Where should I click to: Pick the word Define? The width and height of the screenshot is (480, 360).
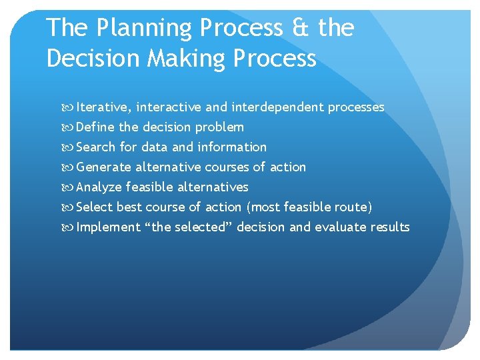click(x=95, y=127)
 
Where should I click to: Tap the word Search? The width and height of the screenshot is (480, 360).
click(x=97, y=147)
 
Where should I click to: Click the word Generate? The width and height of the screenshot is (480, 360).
click(x=104, y=167)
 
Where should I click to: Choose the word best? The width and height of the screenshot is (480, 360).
click(x=129, y=207)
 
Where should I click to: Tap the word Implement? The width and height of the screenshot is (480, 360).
click(x=108, y=227)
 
